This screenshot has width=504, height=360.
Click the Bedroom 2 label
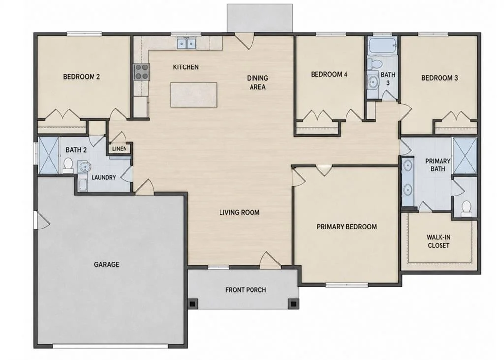click(x=81, y=77)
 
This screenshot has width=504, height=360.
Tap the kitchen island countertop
click(x=193, y=95)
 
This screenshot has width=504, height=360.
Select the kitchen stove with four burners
click(x=141, y=72)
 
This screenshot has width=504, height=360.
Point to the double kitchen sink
click(x=187, y=43)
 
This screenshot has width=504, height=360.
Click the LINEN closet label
click(x=120, y=149)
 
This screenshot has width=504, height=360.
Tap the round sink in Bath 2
click(x=85, y=167)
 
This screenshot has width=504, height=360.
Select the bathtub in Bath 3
click(x=382, y=46)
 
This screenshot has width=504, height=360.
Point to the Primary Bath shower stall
click(x=465, y=156)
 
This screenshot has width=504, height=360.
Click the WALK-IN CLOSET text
click(x=438, y=241)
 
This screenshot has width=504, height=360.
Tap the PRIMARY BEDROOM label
click(x=346, y=227)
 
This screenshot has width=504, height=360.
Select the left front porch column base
click(x=192, y=304)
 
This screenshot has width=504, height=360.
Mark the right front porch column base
click(x=293, y=304)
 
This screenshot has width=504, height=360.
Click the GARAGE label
click(x=106, y=265)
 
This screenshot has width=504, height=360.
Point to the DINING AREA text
click(x=257, y=82)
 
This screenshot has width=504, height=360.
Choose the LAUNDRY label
click(x=103, y=177)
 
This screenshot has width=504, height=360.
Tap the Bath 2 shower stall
click(x=48, y=156)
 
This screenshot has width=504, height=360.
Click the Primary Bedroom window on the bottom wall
click(x=346, y=284)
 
